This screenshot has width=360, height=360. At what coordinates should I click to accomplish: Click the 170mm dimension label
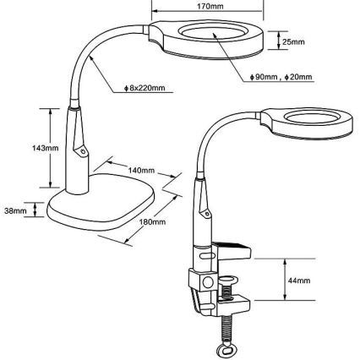pyautogui.click(x=210, y=6)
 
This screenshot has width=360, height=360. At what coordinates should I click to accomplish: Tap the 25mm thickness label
pyautogui.click(x=293, y=42)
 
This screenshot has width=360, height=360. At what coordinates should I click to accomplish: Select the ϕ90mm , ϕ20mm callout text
pyautogui.click(x=281, y=77)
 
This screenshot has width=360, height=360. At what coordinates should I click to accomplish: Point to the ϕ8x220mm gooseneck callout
pyautogui.click(x=145, y=88)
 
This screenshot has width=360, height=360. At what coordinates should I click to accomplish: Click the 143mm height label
pyautogui.click(x=45, y=148)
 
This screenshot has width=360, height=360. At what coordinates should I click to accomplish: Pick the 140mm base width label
pyautogui.click(x=141, y=170)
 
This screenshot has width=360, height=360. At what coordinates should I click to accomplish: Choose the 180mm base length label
pyautogui.click(x=152, y=221)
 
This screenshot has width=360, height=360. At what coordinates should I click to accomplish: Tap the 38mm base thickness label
pyautogui.click(x=15, y=210)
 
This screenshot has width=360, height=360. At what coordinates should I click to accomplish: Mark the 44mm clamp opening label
pyautogui.click(x=299, y=281)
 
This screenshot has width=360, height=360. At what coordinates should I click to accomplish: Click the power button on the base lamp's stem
pyautogui.click(x=83, y=151)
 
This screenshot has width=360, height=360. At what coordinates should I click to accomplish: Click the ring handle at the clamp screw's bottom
pyautogui.click(x=226, y=351)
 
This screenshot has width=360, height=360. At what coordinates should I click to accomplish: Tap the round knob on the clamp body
pyautogui.click(x=208, y=282)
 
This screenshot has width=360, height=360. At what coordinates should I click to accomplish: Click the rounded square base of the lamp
pyautogui.click(x=101, y=203)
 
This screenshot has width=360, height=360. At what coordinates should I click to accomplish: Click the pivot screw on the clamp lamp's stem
pyautogui.click(x=208, y=214)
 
